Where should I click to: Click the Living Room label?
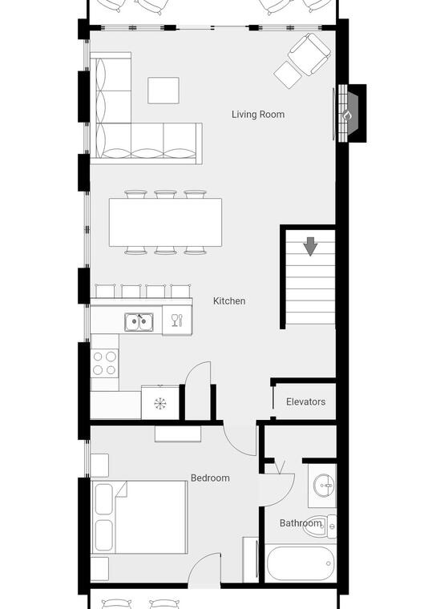pyautogui.click(x=258, y=114)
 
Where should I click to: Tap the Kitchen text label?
pyautogui.click(x=229, y=300)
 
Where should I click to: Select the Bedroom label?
pyautogui.click(x=210, y=478)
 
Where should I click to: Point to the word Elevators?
pyautogui.click(x=305, y=401)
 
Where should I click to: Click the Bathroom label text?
pyautogui.click(x=301, y=522)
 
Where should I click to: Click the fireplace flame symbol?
pyautogui.click(x=345, y=115)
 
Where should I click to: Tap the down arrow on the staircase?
pyautogui.click(x=310, y=246)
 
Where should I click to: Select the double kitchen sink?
pyautogui.click(x=139, y=322)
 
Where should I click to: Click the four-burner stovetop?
pyautogui.click(x=104, y=363)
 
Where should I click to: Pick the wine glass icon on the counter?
pyautogui.click(x=177, y=320)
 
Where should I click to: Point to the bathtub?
pyautogui.click(x=301, y=563)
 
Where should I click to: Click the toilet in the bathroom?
pyautogui.click(x=319, y=526)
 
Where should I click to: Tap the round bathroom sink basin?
pyautogui.click(x=324, y=486)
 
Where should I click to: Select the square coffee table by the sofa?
pyautogui.click(x=164, y=91)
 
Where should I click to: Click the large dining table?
pyautogui.click(x=165, y=222)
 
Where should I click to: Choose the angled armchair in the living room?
pyautogui.click(x=309, y=54)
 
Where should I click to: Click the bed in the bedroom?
pyautogui.click(x=139, y=517)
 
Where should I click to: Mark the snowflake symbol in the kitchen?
pyautogui.click(x=160, y=404)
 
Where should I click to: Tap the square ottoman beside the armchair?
pyautogui.click(x=289, y=75)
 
